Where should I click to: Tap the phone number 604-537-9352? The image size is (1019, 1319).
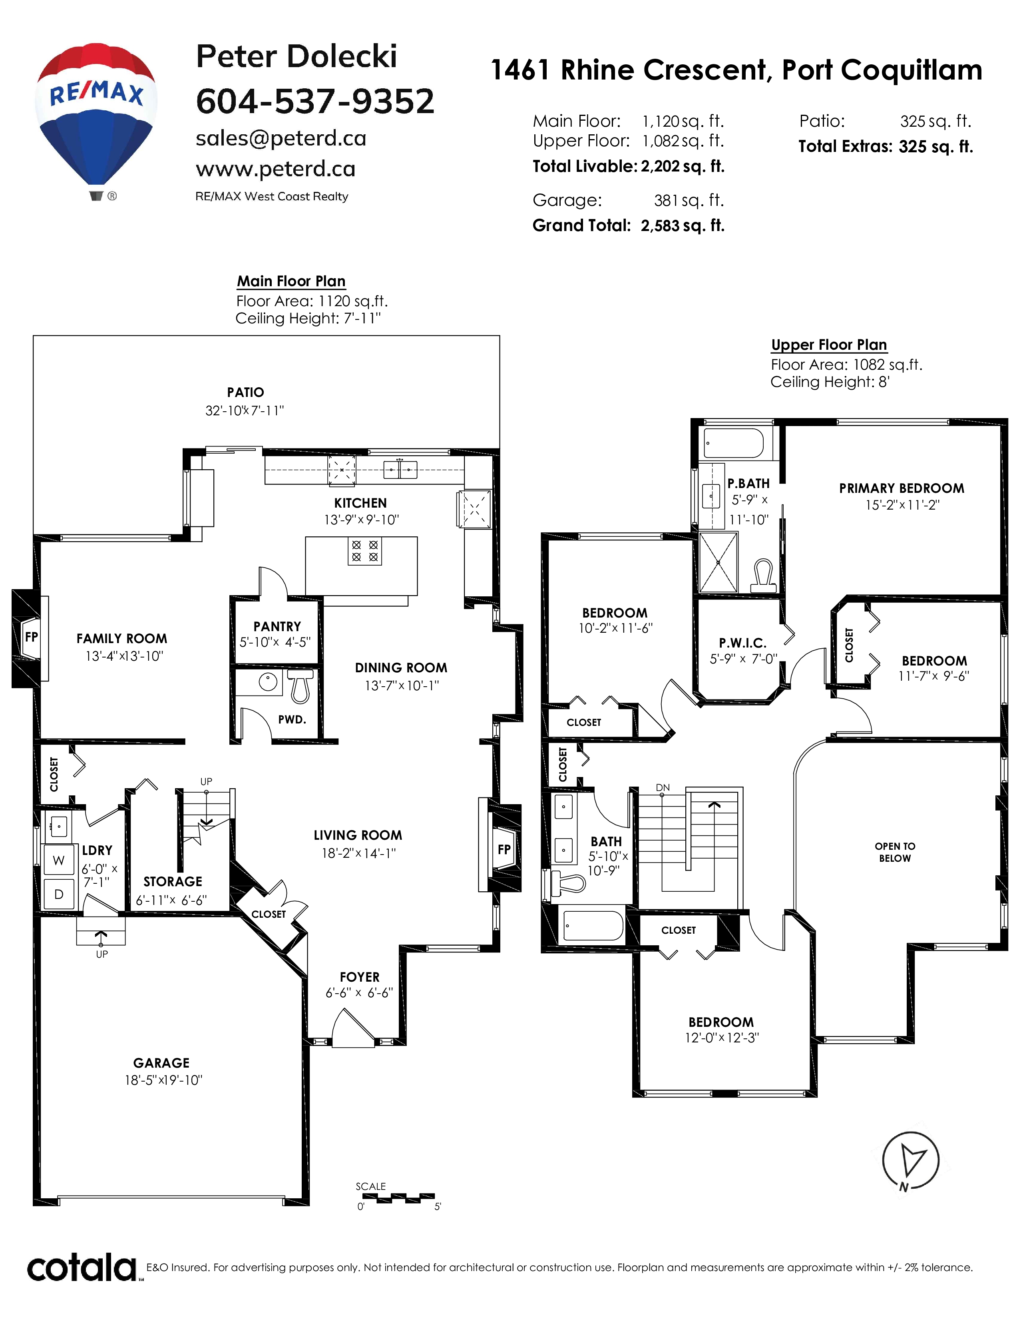(315, 101)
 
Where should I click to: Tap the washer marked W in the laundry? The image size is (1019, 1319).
(59, 860)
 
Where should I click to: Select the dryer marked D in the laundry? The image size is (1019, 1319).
(59, 894)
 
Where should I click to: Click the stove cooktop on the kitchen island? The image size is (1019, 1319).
(364, 551)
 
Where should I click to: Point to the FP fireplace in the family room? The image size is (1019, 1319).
(31, 638)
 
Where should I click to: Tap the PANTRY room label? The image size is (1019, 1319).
(277, 627)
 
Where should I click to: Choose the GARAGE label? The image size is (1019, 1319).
(161, 1063)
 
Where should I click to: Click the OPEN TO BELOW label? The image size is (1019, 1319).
(895, 852)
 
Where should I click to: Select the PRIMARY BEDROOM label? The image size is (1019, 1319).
(901, 488)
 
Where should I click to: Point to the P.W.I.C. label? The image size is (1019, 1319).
(742, 643)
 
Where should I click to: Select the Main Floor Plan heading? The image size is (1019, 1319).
(291, 281)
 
